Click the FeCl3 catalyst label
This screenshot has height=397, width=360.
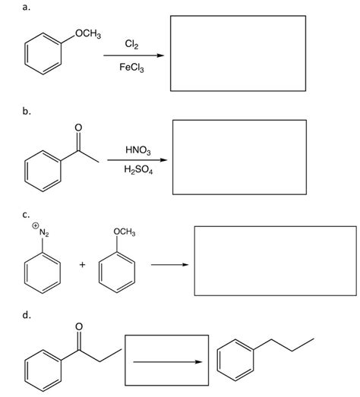132,68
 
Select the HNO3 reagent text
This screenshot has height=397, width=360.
134,150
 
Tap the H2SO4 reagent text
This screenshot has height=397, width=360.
135,171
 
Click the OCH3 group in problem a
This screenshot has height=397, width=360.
90,33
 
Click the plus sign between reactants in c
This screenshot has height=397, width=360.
81,264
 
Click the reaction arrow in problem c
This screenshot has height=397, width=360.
168,264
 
